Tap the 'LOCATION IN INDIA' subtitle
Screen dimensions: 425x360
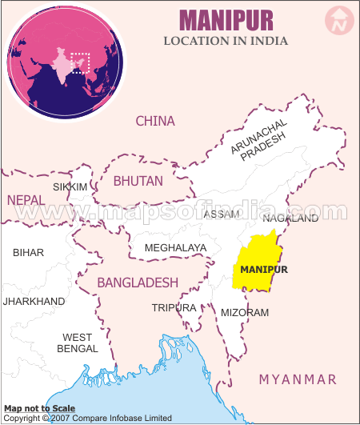[x=226, y=41]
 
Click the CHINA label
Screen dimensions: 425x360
[x=154, y=121]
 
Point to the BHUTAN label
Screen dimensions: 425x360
[x=138, y=181]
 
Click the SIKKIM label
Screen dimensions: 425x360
[x=70, y=186]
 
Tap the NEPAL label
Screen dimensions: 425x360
[x=26, y=199]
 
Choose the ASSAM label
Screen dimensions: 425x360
[x=222, y=215]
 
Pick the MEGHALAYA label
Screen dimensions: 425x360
[x=175, y=248]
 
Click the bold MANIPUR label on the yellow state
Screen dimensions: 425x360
[x=264, y=269]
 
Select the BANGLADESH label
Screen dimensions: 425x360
[x=138, y=283]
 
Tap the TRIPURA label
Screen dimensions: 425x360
[x=174, y=307]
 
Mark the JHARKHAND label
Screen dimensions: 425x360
[x=34, y=301]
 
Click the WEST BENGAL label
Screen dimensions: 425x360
[x=78, y=343]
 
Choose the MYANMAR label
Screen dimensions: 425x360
[x=298, y=379]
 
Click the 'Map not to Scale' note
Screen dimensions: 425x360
[x=40, y=408]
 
